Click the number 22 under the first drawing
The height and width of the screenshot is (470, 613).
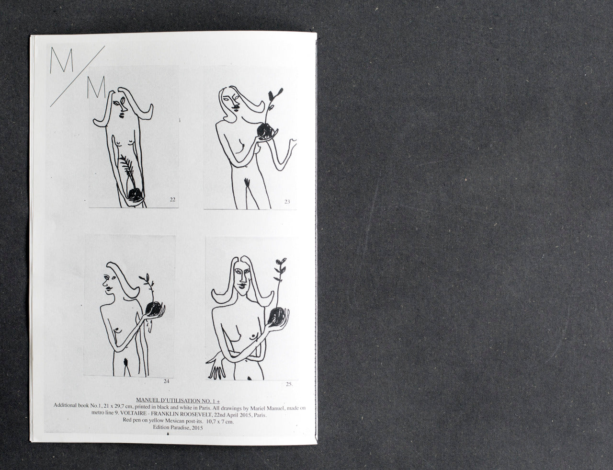coord(172,200)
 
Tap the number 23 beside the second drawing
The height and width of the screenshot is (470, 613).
coord(287,202)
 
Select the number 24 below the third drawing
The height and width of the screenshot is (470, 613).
coord(166,381)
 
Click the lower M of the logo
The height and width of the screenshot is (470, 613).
coord(95,89)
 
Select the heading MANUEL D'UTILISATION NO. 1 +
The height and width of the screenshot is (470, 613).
coord(178,399)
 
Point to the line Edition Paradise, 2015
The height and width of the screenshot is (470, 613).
coord(178,428)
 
